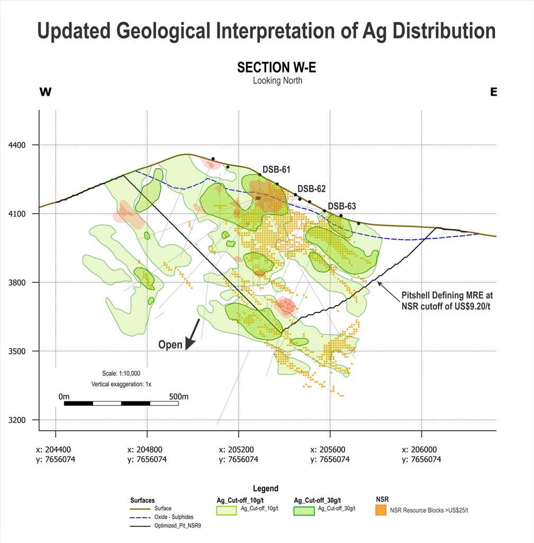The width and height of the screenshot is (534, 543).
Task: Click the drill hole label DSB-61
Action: [x=276, y=169]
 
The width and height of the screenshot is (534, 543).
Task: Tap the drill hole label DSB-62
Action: [x=311, y=188]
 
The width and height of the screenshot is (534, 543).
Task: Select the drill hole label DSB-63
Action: [x=342, y=206]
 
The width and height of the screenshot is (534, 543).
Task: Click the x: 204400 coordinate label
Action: [x=56, y=449]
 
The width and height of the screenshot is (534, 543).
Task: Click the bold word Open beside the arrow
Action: [x=170, y=345]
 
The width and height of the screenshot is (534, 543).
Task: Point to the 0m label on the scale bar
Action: [x=64, y=396]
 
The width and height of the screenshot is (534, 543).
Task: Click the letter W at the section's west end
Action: [x=46, y=92]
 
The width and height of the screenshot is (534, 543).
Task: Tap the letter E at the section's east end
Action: [x=493, y=92]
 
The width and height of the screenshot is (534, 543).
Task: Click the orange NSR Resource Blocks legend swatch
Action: [x=381, y=510]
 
